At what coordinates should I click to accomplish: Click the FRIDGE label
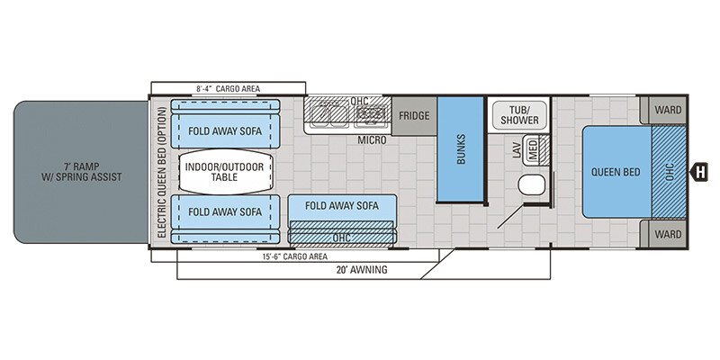click(415, 116)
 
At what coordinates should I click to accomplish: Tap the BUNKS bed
click(462, 148)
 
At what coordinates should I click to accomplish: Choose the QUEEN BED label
click(616, 171)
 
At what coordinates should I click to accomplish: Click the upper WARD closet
click(667, 110)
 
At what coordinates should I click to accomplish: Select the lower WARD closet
click(667, 233)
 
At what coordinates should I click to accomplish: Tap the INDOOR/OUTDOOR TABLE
click(225, 171)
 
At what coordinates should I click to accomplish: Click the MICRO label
click(372, 140)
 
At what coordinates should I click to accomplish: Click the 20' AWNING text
click(361, 269)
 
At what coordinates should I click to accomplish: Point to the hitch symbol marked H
click(697, 171)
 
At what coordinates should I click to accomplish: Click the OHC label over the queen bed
click(669, 171)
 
